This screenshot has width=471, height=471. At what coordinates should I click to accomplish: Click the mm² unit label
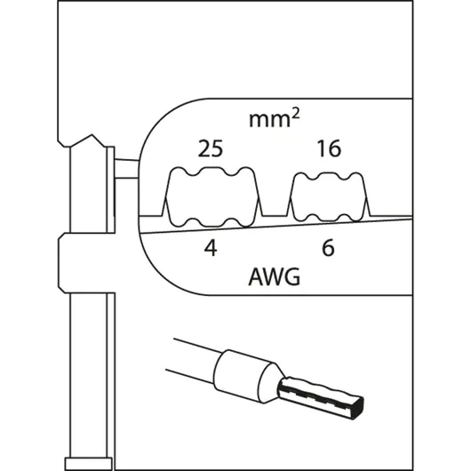click(275, 118)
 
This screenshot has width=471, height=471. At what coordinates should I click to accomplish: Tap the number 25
click(211, 148)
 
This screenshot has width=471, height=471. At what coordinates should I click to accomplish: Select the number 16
click(329, 148)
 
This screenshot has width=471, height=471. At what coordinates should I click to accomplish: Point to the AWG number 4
click(211, 248)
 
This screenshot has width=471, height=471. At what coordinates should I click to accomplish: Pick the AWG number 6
click(328, 248)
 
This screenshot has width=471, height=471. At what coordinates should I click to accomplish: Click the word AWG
click(275, 276)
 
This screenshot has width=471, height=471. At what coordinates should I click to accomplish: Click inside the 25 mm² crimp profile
click(212, 196)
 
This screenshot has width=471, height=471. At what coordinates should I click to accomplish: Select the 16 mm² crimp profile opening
click(330, 196)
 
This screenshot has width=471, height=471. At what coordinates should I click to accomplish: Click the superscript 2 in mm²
click(295, 114)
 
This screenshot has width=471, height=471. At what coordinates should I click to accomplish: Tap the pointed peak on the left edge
click(92, 135)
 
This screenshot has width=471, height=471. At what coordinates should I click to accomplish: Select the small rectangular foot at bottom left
click(88, 464)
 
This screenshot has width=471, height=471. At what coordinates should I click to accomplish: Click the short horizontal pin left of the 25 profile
click(126, 169)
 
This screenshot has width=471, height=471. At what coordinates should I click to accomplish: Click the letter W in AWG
click(274, 276)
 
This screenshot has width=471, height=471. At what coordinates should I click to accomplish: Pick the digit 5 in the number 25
click(217, 148)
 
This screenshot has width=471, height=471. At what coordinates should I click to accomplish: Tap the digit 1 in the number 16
click(322, 148)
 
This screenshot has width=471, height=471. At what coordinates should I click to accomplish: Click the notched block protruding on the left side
click(87, 263)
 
